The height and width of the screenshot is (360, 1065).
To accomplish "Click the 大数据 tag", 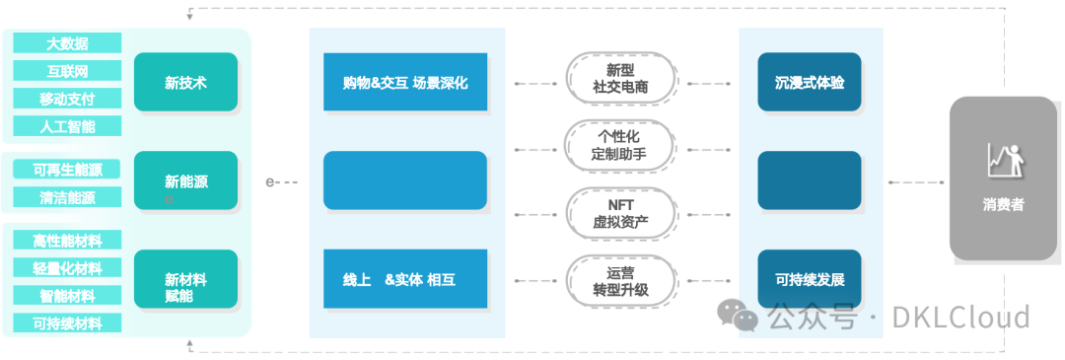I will [67, 43].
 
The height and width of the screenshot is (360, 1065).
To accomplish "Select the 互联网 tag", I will [67, 71].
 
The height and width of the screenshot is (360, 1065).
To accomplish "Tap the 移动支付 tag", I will [67, 99].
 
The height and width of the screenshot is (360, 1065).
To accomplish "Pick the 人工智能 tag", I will [67, 126].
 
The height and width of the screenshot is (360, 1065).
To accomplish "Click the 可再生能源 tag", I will [67, 170].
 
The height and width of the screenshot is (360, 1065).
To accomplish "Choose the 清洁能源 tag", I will [67, 197].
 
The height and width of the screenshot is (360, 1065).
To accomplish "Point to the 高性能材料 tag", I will [67, 241].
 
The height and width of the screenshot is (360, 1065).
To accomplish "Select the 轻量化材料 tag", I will [67, 268].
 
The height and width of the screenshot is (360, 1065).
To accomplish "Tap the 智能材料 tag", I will [67, 295].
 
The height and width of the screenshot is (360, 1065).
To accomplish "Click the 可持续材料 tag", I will [67, 323].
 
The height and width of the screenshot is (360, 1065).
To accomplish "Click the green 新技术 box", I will [185, 82].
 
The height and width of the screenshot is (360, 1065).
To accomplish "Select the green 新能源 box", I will [185, 180].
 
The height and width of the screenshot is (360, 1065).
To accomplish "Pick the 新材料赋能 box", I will [185, 279].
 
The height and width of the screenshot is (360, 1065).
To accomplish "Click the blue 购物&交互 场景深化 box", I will [405, 82].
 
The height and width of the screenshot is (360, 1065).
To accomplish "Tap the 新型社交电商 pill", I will [620, 78].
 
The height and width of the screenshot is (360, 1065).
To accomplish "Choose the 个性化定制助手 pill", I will [620, 146].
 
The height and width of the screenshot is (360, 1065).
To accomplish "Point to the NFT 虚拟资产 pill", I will [620, 213].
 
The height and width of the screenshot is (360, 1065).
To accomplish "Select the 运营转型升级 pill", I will [620, 280].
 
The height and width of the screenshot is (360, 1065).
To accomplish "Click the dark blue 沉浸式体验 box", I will [809, 82].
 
